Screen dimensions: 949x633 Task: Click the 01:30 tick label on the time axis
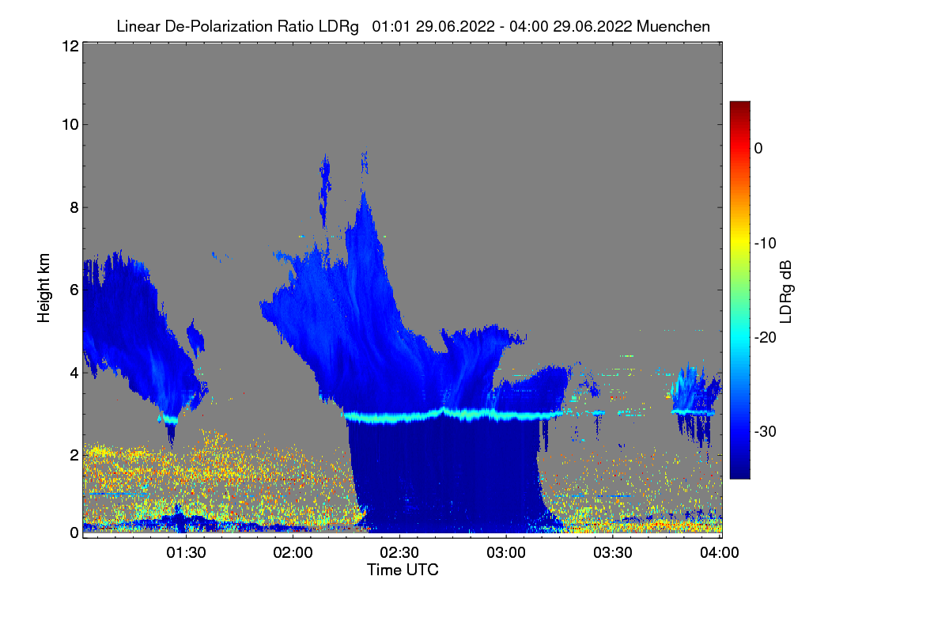pyautogui.click(x=186, y=553)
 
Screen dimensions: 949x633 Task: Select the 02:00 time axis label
pyautogui.click(x=293, y=553)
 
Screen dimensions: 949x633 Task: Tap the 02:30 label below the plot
pyautogui.click(x=399, y=553)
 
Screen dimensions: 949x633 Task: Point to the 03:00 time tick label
pyautogui.click(x=506, y=553)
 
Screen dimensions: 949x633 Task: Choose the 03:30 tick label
pyautogui.click(x=613, y=553)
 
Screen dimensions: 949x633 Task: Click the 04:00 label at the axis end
pyautogui.click(x=720, y=553)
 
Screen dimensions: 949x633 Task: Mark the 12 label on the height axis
pyautogui.click(x=70, y=46)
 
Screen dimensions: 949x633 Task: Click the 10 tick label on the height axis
pyautogui.click(x=70, y=125)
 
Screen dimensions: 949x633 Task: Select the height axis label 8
pyautogui.click(x=74, y=208)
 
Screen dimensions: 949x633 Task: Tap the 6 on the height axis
pyautogui.click(x=74, y=290)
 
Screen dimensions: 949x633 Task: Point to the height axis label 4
pyautogui.click(x=74, y=373)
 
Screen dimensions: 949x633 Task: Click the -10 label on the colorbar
pyautogui.click(x=766, y=244)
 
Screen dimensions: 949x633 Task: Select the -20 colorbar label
pyautogui.click(x=766, y=338)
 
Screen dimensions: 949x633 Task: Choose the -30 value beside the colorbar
pyautogui.click(x=766, y=431)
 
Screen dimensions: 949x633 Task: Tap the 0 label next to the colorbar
pyautogui.click(x=758, y=149)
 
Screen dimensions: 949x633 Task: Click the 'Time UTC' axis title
pyautogui.click(x=403, y=570)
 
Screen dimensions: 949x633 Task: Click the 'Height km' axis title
pyautogui.click(x=43, y=288)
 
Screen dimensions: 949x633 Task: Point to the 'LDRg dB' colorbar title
pyautogui.click(x=785, y=292)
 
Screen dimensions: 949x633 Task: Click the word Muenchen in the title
pyautogui.click(x=673, y=27)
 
